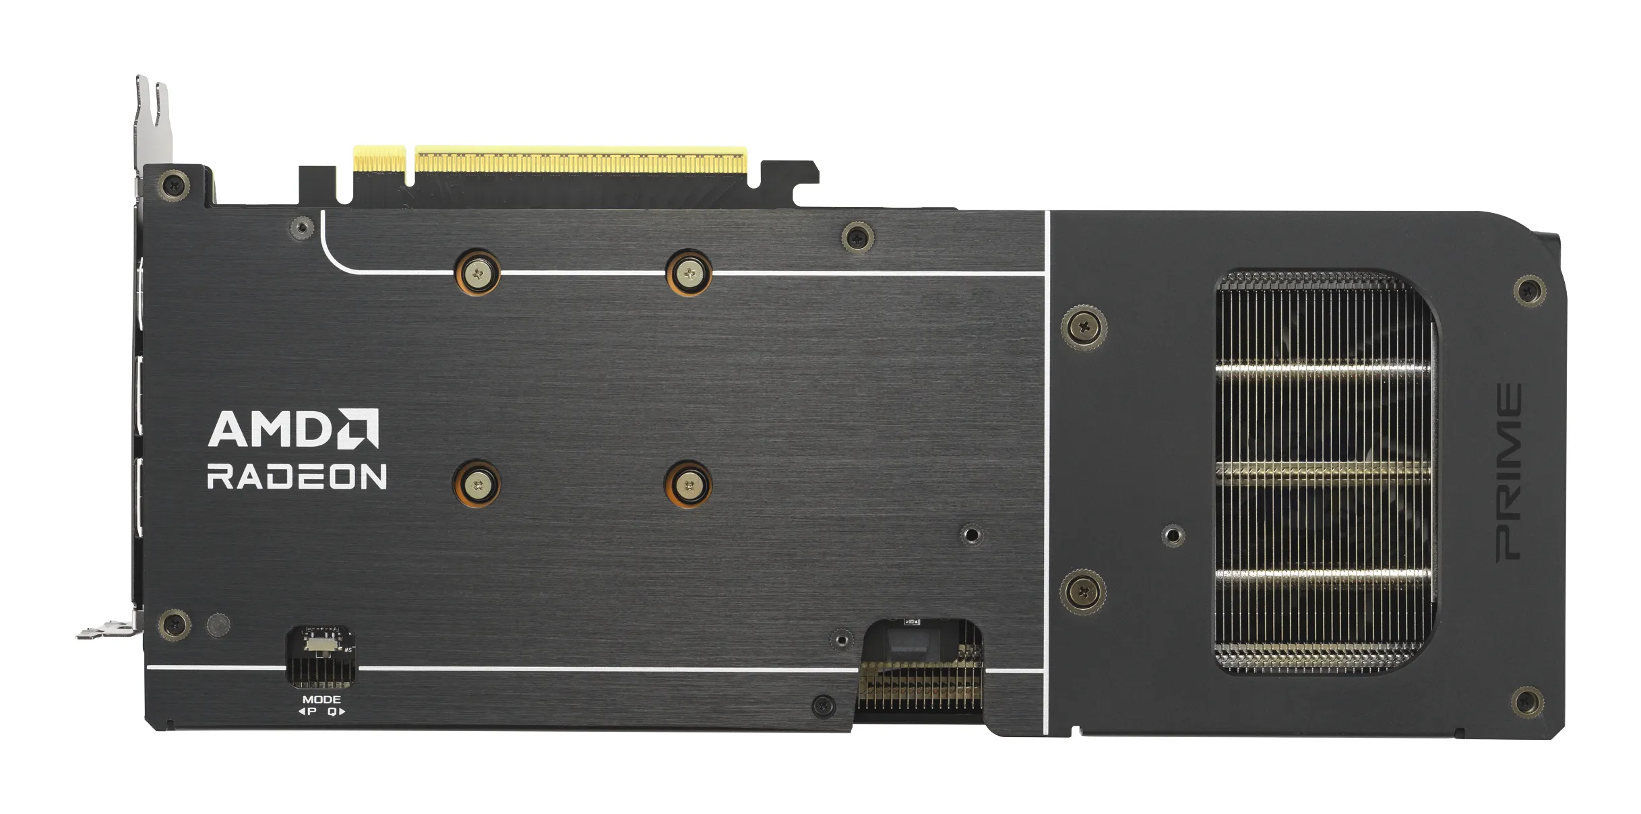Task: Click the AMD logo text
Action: click(273, 429)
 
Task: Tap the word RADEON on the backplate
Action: click(297, 476)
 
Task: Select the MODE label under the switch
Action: click(321, 699)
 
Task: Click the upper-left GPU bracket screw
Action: click(478, 273)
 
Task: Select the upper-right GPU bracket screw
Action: click(689, 273)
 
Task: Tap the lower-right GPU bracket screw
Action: click(688, 484)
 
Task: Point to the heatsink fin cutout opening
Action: click(1324, 472)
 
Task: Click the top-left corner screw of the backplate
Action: click(175, 183)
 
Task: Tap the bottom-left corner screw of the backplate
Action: click(174, 623)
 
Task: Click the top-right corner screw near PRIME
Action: click(1530, 291)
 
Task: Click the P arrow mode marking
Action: click(308, 712)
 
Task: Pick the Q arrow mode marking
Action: click(336, 712)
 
